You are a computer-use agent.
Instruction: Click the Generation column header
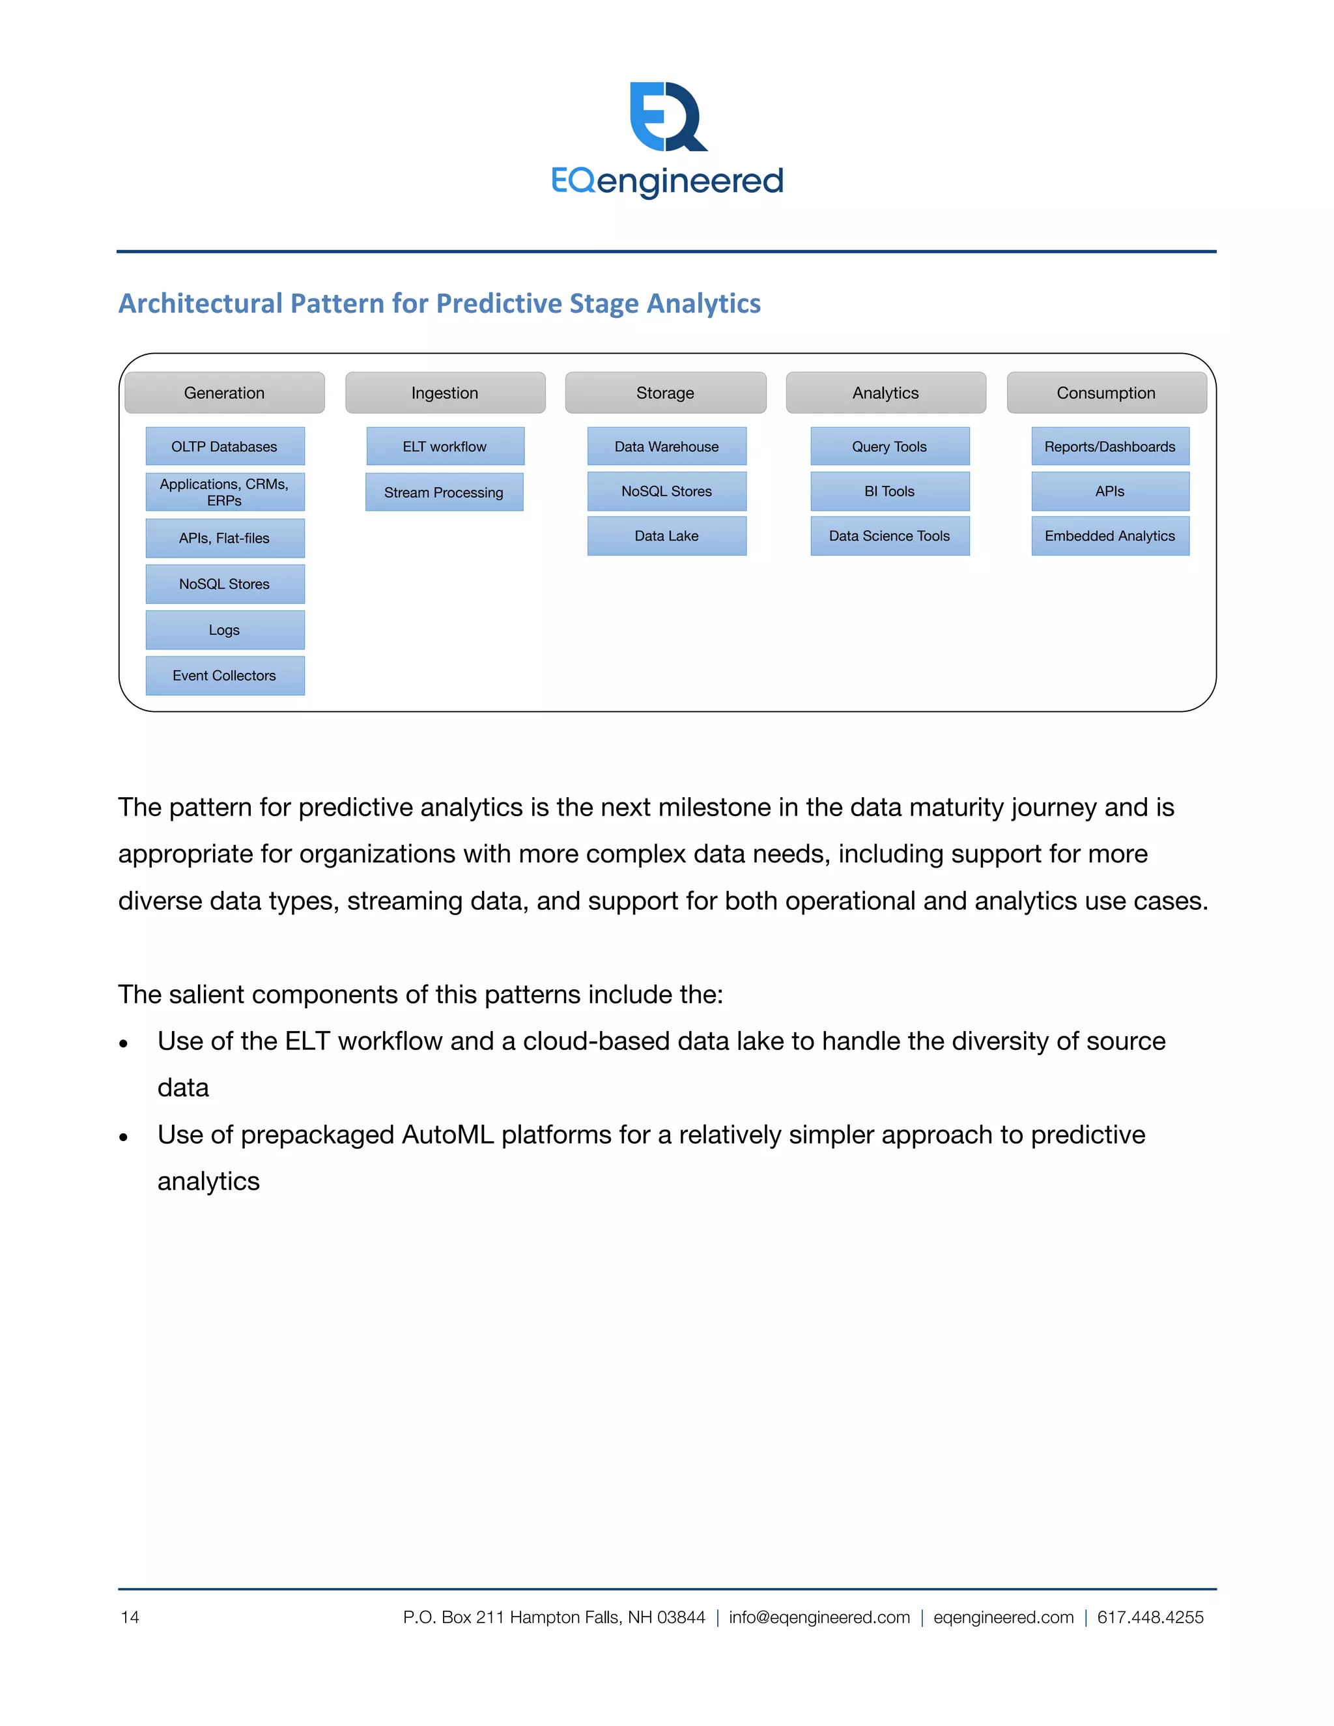click(x=225, y=393)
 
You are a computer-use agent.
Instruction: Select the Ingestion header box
click(x=445, y=393)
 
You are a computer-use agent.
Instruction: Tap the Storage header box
click(x=666, y=393)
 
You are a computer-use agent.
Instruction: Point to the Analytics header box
click(x=886, y=393)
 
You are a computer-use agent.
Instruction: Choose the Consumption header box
click(x=1107, y=393)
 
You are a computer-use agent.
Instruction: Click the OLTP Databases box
click(x=225, y=447)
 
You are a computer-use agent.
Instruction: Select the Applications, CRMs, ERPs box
click(x=225, y=492)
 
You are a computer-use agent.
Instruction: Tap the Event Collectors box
click(x=225, y=675)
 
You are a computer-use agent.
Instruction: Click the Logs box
click(x=225, y=630)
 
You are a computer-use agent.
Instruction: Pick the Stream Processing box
click(x=444, y=492)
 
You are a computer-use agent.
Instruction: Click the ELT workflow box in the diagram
click(x=445, y=447)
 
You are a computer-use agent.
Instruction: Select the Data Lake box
click(x=667, y=536)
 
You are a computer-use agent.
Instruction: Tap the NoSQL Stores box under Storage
click(x=667, y=492)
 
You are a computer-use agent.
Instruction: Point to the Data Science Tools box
click(x=890, y=536)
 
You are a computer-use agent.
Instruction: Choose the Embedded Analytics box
click(x=1111, y=536)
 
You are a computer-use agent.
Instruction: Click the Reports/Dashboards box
click(x=1111, y=447)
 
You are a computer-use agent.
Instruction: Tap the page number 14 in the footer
click(x=130, y=1617)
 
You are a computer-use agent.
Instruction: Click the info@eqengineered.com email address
click(x=819, y=1617)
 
